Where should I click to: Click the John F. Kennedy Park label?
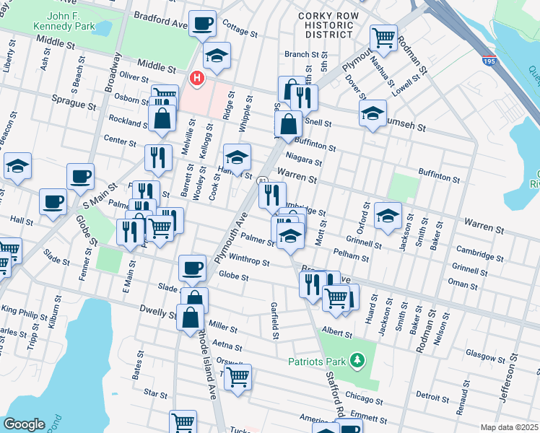(x=73, y=22)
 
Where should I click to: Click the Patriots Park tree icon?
(x=355, y=359)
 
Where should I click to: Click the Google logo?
(x=25, y=424)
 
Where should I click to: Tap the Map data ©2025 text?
(x=509, y=427)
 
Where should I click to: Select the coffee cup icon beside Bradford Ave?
(x=201, y=23)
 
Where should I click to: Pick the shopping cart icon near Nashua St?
(x=383, y=36)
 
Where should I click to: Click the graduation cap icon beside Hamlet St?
(x=237, y=157)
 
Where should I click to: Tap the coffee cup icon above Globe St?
(x=192, y=268)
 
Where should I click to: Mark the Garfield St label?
(x=276, y=320)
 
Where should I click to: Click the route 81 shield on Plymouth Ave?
(x=263, y=181)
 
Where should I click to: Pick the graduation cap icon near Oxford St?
(x=388, y=215)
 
